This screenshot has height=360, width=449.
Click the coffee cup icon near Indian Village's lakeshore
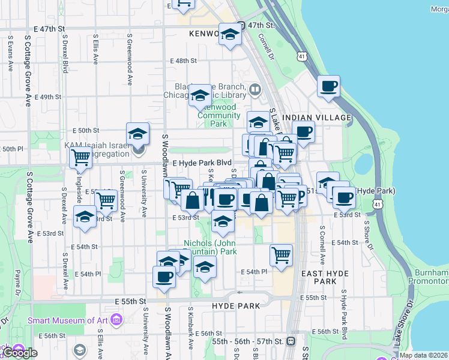328,87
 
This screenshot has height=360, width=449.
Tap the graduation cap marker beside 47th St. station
229,35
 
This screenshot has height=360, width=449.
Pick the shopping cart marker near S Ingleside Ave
80,158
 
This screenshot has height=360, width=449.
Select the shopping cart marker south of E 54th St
281,256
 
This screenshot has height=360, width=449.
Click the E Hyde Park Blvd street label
202,163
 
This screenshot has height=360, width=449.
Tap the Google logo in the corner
20,353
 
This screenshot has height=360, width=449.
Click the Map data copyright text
423,355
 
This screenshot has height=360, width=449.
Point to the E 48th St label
183,61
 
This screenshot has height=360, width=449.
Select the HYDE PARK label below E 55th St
236,305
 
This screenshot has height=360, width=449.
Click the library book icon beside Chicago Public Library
255,91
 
